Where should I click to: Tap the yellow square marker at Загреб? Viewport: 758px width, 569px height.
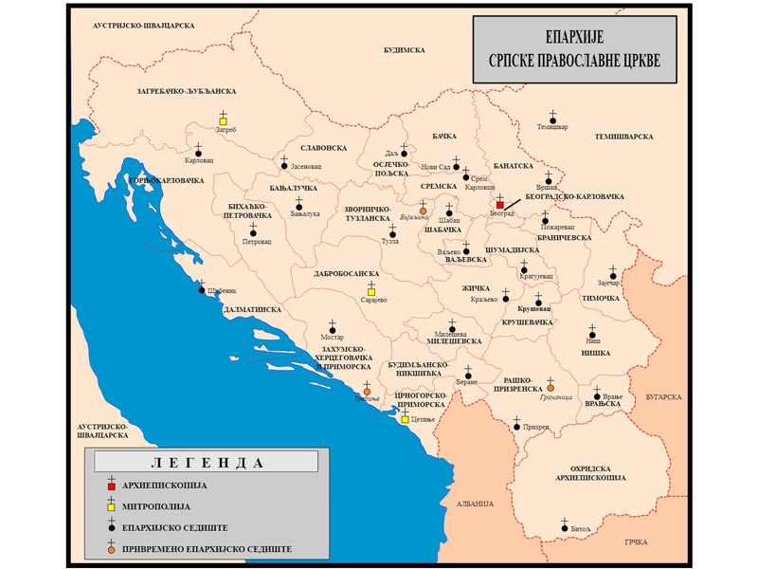coord(223,121)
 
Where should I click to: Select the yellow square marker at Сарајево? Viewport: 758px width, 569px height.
coord(371,291)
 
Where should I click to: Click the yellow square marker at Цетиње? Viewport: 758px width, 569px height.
coord(406,419)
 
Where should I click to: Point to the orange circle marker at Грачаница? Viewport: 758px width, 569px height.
coord(550,388)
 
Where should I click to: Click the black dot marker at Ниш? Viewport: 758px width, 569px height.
coord(592,334)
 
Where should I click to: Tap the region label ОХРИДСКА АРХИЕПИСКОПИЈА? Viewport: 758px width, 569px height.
coord(587,473)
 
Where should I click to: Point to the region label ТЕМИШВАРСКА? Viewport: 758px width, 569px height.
coord(624,138)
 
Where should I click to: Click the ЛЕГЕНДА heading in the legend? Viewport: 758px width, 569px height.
coord(206,463)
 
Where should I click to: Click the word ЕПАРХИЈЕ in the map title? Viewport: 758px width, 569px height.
coord(574,38)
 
